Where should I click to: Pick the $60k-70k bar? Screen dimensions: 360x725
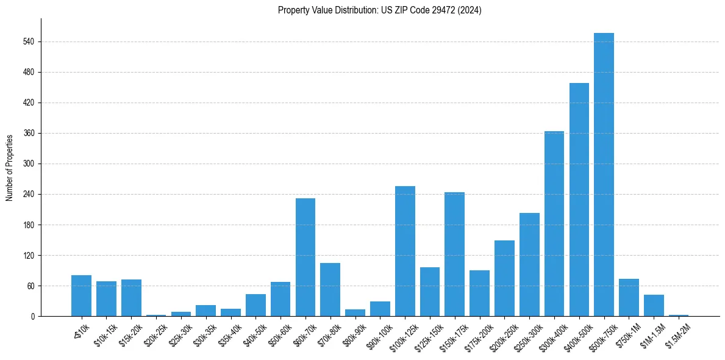tap(305, 257)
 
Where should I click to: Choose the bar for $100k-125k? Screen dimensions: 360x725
tap(405, 251)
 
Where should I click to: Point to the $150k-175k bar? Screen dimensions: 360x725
tap(454, 254)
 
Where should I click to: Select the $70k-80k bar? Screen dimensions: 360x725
tap(330, 289)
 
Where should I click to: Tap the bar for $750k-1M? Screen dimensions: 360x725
tap(629, 297)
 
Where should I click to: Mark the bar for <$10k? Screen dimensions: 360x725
tap(81, 295)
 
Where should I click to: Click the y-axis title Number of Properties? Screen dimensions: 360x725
tap(9, 167)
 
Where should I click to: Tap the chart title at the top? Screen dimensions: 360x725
tap(379, 10)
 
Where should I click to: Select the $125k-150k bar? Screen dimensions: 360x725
tap(429, 292)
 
